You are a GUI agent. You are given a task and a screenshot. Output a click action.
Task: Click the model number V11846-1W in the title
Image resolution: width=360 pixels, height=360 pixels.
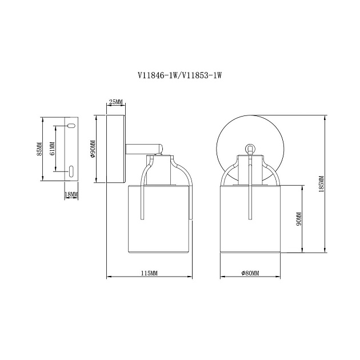click(x=157, y=75)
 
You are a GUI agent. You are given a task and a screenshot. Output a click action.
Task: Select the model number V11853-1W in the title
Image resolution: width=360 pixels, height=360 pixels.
click(x=202, y=75)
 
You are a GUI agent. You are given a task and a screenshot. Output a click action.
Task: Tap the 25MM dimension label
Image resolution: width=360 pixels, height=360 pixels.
click(x=116, y=102)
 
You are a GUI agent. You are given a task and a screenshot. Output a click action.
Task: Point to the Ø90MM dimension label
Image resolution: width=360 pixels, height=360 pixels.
click(x=93, y=149)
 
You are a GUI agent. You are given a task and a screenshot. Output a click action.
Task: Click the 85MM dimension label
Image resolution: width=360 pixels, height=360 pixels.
click(x=39, y=149)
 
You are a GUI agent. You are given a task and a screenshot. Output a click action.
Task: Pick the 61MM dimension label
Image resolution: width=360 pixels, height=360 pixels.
click(x=52, y=149)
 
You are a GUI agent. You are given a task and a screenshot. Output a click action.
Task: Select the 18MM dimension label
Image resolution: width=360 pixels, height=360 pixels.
click(x=71, y=194)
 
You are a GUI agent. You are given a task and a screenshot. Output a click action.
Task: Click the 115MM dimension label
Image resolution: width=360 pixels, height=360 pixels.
click(x=149, y=273)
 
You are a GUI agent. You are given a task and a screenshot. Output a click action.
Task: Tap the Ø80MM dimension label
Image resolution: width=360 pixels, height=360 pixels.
click(x=250, y=273)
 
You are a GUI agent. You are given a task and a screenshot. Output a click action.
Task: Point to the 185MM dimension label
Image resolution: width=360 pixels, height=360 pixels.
click(x=321, y=183)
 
